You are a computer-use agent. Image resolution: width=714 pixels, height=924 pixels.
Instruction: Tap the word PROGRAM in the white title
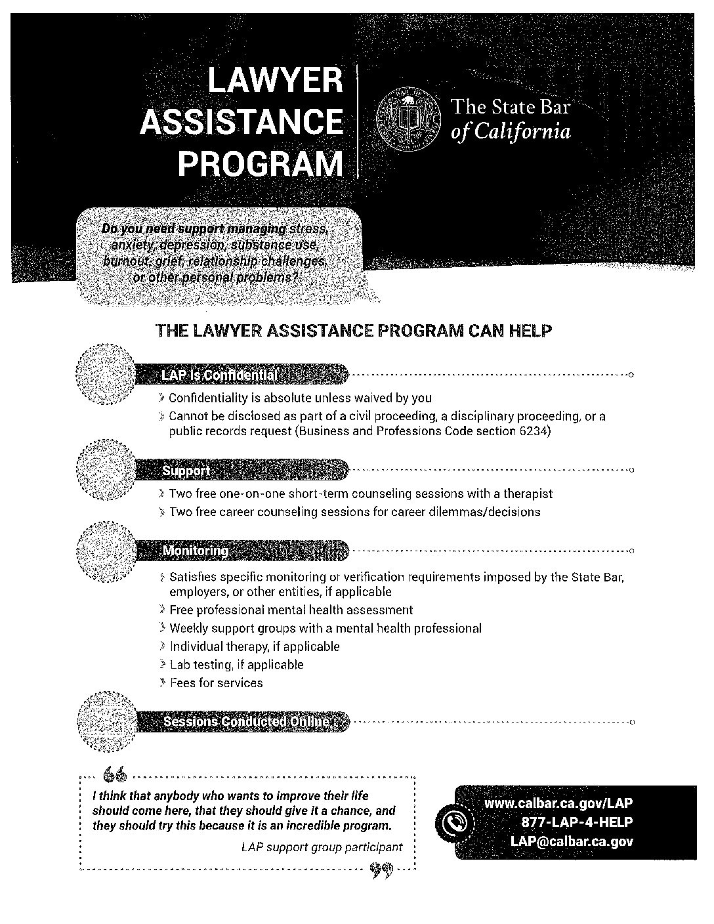click(x=261, y=163)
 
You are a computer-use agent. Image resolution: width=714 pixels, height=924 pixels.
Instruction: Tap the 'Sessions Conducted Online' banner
click(x=246, y=722)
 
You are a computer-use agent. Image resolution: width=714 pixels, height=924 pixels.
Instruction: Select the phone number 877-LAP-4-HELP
click(x=576, y=822)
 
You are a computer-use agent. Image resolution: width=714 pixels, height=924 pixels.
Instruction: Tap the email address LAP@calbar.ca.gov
click(x=571, y=841)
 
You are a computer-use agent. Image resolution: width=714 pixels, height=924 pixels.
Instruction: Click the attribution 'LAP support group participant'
click(x=322, y=847)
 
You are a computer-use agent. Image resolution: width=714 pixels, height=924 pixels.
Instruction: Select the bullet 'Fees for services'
click(x=216, y=683)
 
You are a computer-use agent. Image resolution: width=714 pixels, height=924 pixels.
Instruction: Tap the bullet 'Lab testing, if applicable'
click(x=236, y=665)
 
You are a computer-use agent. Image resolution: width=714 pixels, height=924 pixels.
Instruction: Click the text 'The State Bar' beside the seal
click(x=509, y=108)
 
